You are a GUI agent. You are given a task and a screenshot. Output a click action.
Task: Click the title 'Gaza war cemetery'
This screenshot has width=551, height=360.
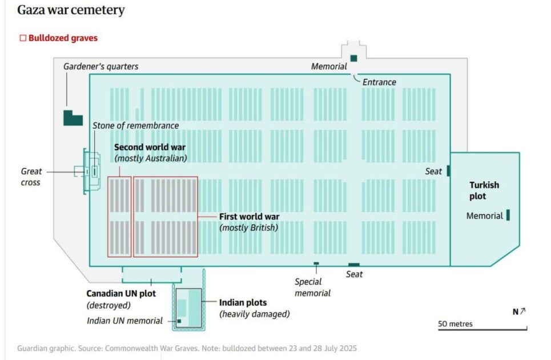click(x=71, y=10)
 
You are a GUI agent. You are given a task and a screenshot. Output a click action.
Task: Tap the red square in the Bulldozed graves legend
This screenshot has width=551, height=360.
click(x=23, y=38)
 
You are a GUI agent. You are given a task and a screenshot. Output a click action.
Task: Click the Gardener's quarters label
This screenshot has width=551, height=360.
click(x=100, y=67)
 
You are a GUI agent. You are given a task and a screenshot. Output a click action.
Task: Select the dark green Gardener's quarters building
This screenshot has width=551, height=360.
click(x=72, y=118)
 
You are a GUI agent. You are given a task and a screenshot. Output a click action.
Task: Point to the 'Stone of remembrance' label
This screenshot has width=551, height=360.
click(x=136, y=126)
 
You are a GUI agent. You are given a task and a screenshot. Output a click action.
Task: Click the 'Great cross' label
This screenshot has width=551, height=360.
click(x=31, y=177)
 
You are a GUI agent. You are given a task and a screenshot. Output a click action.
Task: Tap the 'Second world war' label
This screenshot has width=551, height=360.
click(x=150, y=147)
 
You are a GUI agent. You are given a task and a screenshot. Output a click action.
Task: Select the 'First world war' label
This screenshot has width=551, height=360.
click(x=250, y=217)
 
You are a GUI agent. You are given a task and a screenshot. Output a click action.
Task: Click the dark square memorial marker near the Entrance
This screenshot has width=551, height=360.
click(x=353, y=58)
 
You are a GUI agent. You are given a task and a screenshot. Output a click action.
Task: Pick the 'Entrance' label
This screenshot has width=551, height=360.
click(x=379, y=82)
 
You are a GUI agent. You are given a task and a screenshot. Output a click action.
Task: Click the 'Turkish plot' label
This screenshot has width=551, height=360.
click(x=484, y=190)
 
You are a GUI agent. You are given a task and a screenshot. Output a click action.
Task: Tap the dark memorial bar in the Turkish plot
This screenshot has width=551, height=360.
click(x=508, y=215)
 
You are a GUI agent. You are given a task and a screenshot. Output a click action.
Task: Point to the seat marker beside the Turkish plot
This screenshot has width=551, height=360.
click(x=448, y=171)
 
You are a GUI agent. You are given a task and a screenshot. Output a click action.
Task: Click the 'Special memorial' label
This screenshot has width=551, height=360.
click(x=312, y=287)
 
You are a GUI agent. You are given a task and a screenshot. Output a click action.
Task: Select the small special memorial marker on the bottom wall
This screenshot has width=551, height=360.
click(x=316, y=263)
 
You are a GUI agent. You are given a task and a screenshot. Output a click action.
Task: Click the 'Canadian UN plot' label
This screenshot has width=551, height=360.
click(x=120, y=294)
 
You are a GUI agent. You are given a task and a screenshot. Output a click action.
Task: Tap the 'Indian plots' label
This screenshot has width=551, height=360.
click(x=243, y=303)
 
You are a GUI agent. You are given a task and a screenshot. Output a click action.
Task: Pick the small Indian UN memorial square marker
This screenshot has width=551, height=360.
click(x=179, y=321)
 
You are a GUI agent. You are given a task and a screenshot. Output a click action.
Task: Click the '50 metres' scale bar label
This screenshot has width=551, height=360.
click(x=455, y=324)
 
